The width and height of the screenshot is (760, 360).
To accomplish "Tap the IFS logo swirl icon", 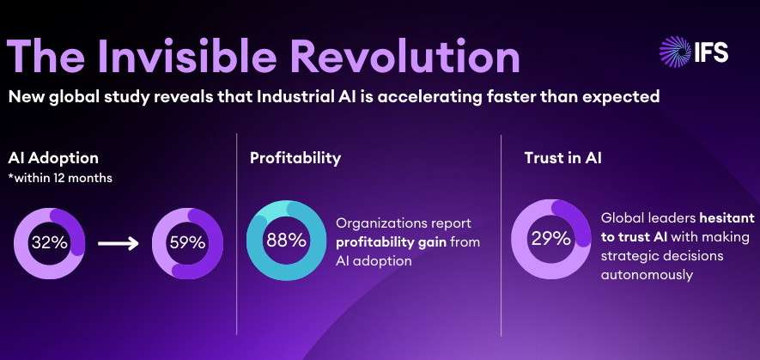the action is pyautogui.click(x=676, y=52).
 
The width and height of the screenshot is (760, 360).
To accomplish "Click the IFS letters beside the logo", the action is pyautogui.click(x=711, y=52).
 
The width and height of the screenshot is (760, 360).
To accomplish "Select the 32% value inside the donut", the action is pyautogui.click(x=50, y=242).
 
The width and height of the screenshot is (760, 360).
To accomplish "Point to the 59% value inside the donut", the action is pyautogui.click(x=187, y=242).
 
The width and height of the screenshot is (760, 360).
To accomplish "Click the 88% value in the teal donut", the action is pyautogui.click(x=287, y=241).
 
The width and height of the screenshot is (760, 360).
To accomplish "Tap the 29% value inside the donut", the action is pyautogui.click(x=551, y=239).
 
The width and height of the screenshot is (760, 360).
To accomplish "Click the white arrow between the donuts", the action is pyautogui.click(x=119, y=243).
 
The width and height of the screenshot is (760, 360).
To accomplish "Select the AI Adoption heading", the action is pyautogui.click(x=53, y=158).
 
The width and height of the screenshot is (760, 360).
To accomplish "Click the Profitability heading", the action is pyautogui.click(x=295, y=159).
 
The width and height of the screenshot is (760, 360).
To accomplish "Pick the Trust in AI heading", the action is pyautogui.click(x=562, y=158).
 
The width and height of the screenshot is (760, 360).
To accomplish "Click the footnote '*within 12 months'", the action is pyautogui.click(x=60, y=178).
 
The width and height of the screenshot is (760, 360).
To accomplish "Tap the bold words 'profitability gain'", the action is pyautogui.click(x=391, y=242).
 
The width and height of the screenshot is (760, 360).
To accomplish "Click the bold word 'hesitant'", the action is pyautogui.click(x=727, y=218).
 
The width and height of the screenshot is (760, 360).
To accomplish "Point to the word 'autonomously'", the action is pyautogui.click(x=647, y=275).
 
